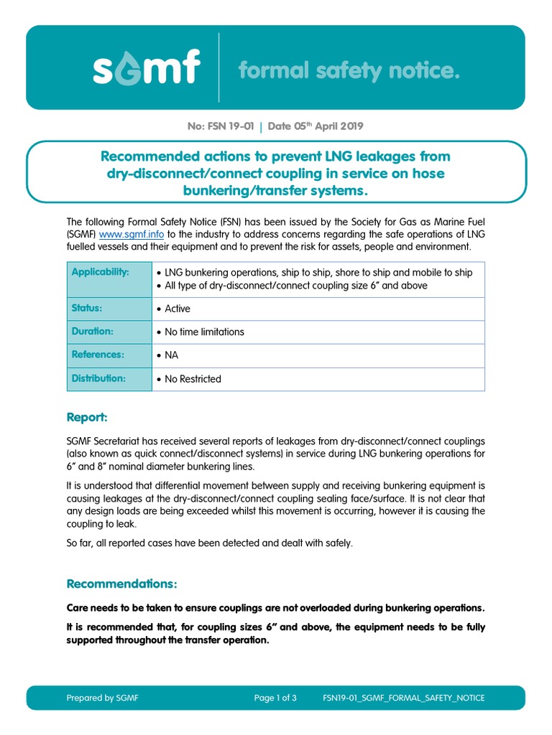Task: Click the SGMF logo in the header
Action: [x=146, y=70]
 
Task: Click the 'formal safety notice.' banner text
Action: [x=348, y=70]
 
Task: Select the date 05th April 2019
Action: [x=316, y=126]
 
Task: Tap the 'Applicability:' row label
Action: [x=101, y=272]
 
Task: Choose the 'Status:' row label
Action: [x=87, y=308]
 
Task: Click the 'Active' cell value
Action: [x=177, y=309]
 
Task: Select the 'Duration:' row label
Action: [x=93, y=332]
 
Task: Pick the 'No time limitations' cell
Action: [x=204, y=332]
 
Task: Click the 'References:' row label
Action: [x=98, y=355]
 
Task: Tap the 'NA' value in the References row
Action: [x=171, y=355]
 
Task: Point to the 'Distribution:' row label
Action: [x=98, y=378]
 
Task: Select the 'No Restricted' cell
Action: [x=193, y=379]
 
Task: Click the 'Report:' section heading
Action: [x=87, y=417]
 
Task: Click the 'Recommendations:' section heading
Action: [x=121, y=583]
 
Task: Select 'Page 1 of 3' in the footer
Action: [x=275, y=698]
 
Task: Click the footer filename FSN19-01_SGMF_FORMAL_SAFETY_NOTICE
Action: [x=404, y=698]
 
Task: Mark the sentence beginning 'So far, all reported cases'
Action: [x=210, y=543]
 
